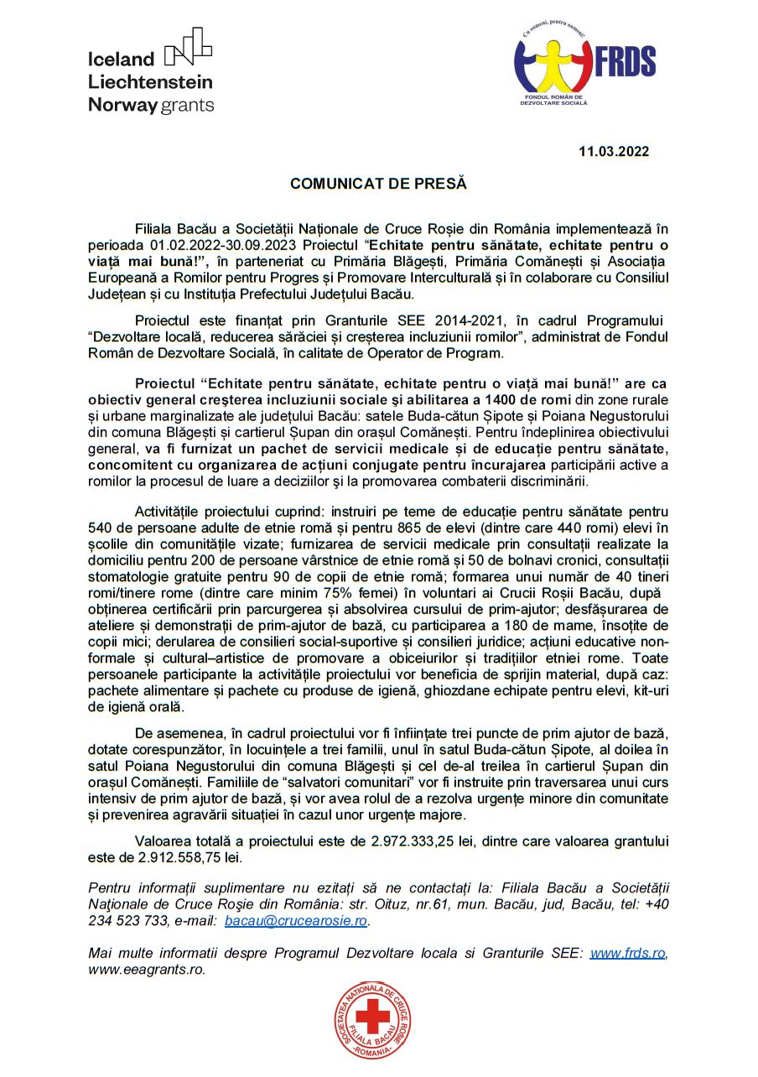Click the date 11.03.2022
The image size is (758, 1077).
coord(614,152)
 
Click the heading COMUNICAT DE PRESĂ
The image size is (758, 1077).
coord(377,183)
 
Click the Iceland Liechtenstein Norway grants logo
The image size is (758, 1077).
coord(151,70)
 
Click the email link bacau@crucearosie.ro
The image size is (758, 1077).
coord(296,921)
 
